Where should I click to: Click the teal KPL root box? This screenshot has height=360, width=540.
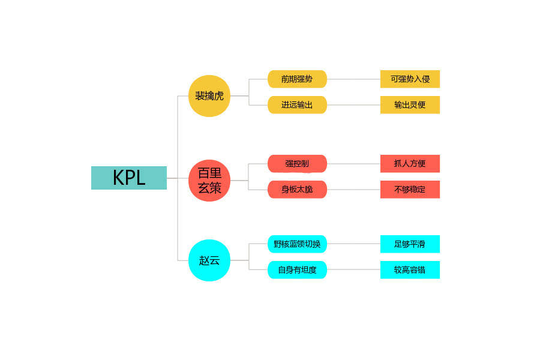128,178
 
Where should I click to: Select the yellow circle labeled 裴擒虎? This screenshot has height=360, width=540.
209,96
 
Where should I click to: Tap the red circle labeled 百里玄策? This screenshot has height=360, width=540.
209,181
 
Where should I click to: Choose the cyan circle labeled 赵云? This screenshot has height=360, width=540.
209,260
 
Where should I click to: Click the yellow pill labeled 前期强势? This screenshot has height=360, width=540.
297,79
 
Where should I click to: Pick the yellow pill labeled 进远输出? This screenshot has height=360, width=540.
297,105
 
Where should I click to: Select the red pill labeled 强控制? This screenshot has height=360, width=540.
297,164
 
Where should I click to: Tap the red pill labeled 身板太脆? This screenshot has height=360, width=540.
297,190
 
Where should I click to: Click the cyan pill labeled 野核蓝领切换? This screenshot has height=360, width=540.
297,244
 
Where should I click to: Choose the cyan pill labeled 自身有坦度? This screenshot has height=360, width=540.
297,270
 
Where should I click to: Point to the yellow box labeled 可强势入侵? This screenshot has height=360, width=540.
410,79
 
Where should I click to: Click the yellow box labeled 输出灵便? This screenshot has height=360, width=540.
410,105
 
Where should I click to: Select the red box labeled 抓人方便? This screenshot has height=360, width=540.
410,164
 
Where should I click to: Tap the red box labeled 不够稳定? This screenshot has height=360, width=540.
410,190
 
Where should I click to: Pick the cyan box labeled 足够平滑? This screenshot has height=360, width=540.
410,244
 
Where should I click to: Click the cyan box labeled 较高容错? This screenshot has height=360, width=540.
410,270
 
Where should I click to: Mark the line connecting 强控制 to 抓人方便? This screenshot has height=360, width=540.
353,164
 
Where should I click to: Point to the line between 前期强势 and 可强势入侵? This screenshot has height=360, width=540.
353,79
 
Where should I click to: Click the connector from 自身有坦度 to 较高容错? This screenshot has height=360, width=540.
353,270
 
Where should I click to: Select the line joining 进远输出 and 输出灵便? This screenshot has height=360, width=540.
353,105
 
